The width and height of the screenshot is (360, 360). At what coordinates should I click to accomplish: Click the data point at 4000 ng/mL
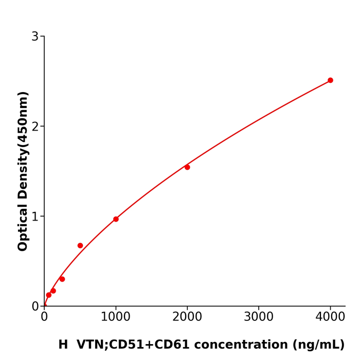pyautogui.click(x=330, y=80)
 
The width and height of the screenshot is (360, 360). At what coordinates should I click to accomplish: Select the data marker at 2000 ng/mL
pyautogui.click(x=187, y=167)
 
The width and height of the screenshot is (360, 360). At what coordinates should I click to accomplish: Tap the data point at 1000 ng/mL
pyautogui.click(x=116, y=219)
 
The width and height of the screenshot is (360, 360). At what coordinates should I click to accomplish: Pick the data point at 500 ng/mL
pyautogui.click(x=80, y=245)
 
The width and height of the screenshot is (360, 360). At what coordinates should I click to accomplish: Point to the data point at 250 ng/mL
pyautogui.click(x=62, y=279)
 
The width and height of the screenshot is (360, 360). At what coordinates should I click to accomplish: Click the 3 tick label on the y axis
pyautogui.click(x=35, y=37)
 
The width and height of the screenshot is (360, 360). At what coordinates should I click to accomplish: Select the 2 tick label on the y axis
pyautogui.click(x=35, y=127)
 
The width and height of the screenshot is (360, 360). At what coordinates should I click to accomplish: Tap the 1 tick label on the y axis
pyautogui.click(x=35, y=217)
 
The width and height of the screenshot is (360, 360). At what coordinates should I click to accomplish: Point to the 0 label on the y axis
pyautogui.click(x=35, y=307)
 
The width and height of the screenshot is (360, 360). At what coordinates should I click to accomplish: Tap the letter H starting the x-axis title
pyautogui.click(x=63, y=345)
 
